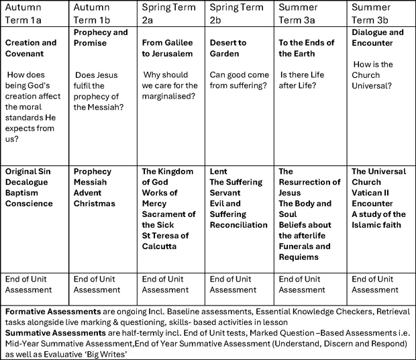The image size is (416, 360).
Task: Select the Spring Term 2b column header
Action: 238,13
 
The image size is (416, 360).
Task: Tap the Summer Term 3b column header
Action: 372,13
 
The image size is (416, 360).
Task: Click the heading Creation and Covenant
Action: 32,48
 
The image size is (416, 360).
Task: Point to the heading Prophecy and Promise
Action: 101,38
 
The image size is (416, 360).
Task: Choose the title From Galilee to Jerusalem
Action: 168,48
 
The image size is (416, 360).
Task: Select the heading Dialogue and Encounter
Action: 378,38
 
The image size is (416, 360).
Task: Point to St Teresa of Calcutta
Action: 166,240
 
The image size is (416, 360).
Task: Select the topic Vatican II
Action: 374,193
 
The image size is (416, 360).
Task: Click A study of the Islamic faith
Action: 376,220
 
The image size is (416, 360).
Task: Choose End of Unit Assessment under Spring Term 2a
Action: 165,285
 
